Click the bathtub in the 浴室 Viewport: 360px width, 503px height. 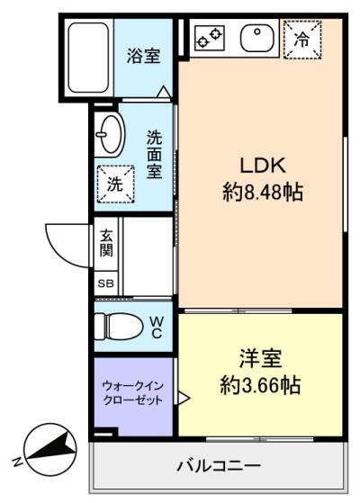(x=88, y=58)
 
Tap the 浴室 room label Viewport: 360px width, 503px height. (x=143, y=56)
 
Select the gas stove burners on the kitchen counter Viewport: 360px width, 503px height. (x=210, y=38)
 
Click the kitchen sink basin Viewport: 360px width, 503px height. (x=257, y=39)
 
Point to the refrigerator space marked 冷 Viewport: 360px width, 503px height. (x=302, y=40)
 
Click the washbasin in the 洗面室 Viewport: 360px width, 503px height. (x=110, y=135)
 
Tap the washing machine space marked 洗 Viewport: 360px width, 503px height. (x=115, y=184)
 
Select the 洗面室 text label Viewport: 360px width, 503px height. (x=154, y=155)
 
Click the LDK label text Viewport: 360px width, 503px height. (x=263, y=166)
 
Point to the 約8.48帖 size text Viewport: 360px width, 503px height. (x=263, y=192)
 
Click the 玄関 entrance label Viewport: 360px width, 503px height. (x=106, y=243)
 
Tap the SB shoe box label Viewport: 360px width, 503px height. (x=105, y=283)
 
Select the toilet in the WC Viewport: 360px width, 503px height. (x=119, y=327)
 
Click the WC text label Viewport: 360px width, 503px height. (x=157, y=328)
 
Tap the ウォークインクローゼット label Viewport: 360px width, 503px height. (x=133, y=392)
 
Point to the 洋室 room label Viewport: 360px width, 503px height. (x=260, y=358)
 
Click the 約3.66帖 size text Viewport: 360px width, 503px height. (x=260, y=385)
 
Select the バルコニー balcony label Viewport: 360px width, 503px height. (x=219, y=465)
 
